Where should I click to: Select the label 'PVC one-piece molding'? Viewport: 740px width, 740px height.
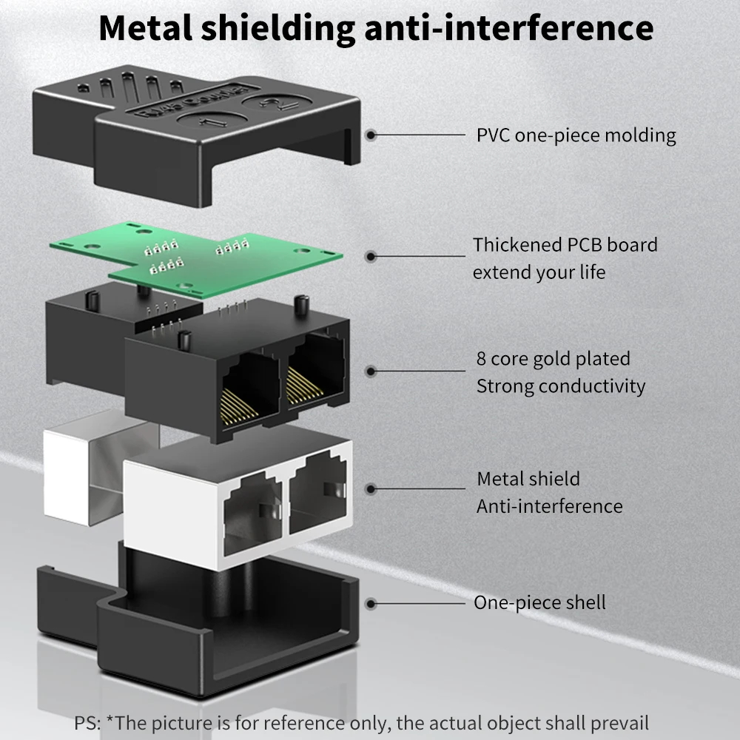[576, 135]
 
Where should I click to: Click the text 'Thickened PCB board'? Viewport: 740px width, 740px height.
[565, 244]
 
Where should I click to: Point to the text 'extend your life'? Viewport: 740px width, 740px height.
[539, 272]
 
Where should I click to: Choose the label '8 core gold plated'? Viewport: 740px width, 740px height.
[554, 359]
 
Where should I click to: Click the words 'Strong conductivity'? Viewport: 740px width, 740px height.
[561, 386]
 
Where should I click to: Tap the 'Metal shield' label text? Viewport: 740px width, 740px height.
[528, 479]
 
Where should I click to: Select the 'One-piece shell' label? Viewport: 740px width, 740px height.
[539, 602]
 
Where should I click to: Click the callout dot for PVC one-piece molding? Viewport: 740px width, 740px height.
[371, 135]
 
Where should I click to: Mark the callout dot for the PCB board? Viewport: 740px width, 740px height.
[371, 256]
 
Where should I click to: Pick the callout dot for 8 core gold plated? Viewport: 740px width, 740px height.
[371, 371]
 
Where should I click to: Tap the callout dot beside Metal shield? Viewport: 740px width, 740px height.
[371, 489]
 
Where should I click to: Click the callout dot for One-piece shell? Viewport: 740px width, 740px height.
[371, 604]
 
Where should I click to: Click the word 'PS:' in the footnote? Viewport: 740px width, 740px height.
[87, 723]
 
